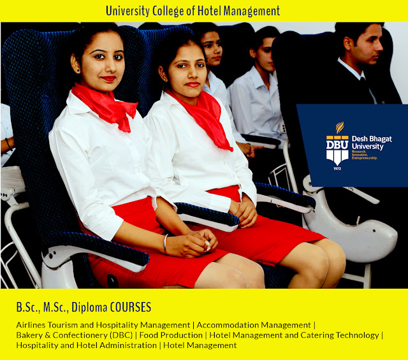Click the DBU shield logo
click(337, 150)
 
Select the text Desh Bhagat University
click(372, 143)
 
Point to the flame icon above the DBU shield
click(339, 127)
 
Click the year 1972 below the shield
click(337, 169)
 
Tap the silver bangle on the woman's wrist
click(165, 244)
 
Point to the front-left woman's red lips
click(108, 78)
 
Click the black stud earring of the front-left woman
click(78, 70)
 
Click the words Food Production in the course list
click(171, 335)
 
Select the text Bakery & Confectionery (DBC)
click(75, 335)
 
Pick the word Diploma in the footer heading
click(89, 308)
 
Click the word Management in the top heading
click(252, 11)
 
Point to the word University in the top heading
click(127, 11)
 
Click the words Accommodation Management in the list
click(254, 325)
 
